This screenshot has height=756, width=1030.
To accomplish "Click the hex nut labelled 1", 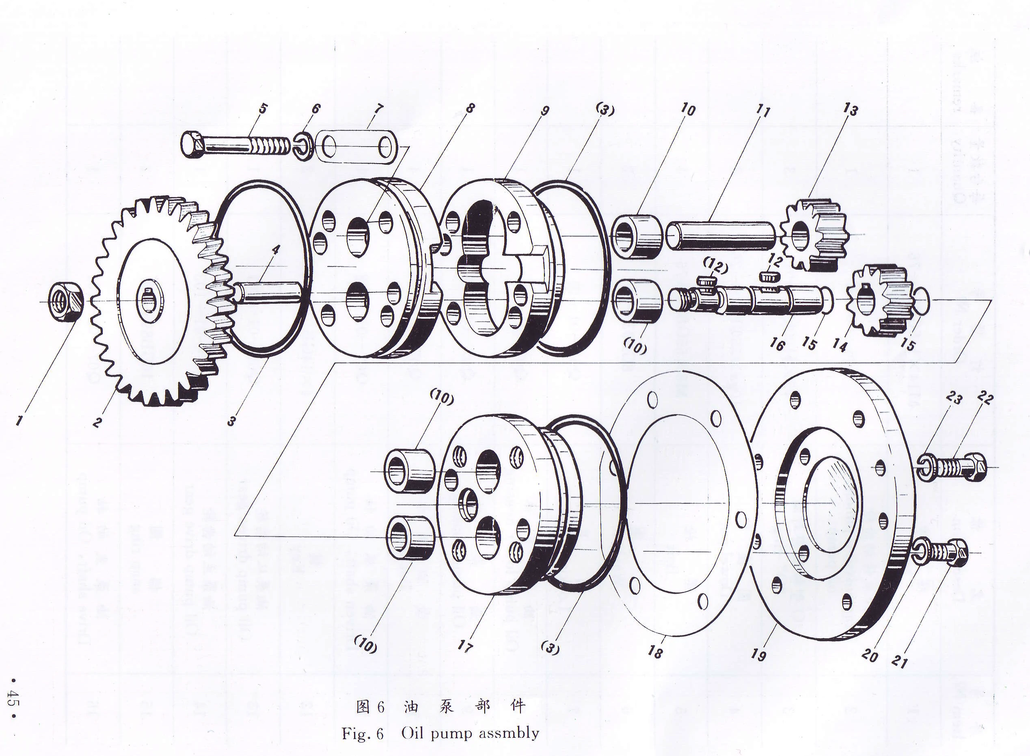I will [65, 302].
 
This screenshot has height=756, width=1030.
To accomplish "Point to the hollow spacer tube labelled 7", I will [357, 147].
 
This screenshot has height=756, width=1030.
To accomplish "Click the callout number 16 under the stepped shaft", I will [777, 343].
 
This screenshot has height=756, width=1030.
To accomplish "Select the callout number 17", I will [465, 646].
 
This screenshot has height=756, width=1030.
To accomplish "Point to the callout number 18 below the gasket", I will [655, 651].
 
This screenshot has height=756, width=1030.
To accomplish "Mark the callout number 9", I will [544, 111].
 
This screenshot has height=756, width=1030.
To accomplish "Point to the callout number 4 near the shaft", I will [275, 250].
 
